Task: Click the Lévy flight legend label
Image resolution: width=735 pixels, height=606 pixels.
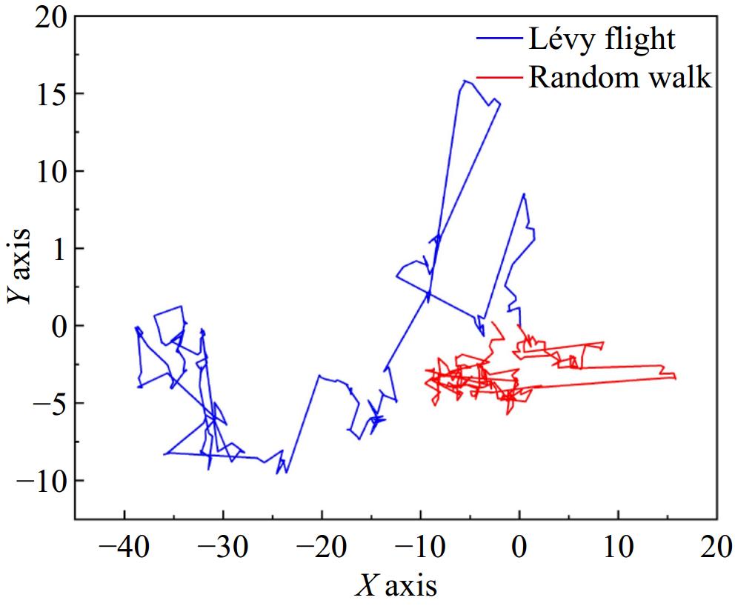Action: (x=601, y=39)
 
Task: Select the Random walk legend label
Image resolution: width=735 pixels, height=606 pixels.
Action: (x=619, y=77)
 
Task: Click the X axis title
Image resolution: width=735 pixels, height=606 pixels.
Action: (x=396, y=585)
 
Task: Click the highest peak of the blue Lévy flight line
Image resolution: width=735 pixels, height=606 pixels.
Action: (x=465, y=81)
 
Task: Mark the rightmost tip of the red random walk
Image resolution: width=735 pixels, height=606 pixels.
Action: (x=676, y=378)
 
